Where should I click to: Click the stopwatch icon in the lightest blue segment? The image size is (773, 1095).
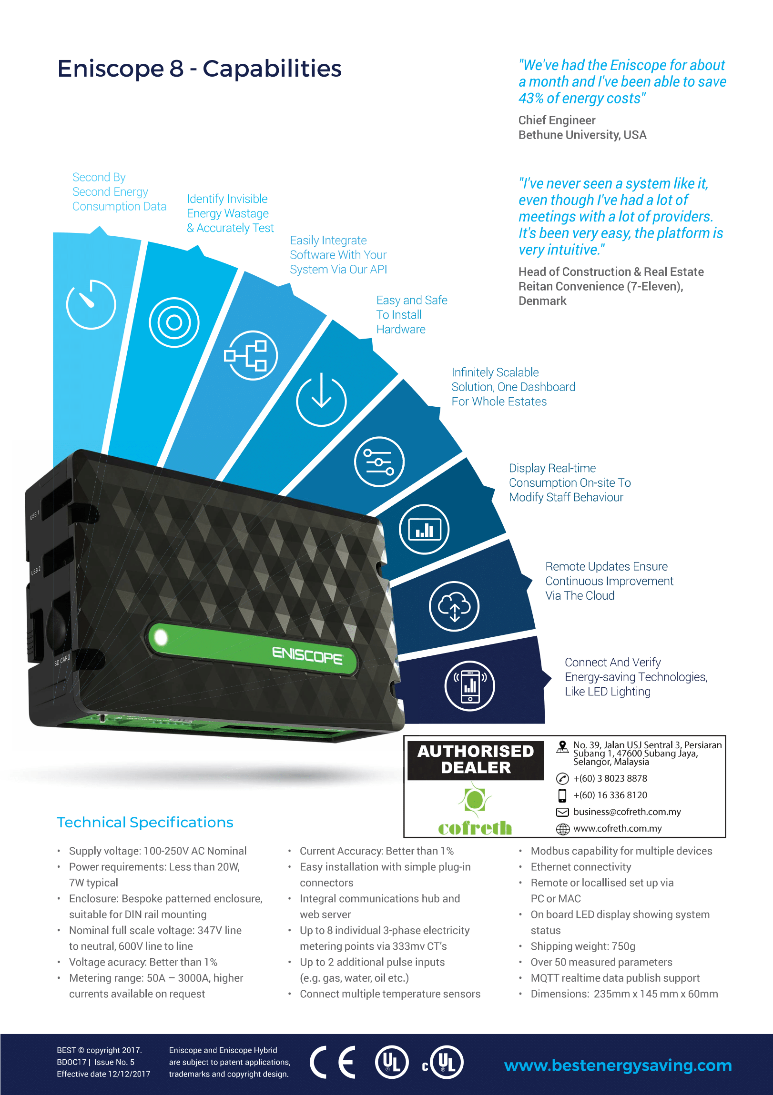click(91, 304)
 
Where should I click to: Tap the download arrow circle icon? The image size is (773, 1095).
click(321, 400)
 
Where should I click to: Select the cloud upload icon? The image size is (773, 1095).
click(454, 606)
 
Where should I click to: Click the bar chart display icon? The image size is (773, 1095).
click(424, 529)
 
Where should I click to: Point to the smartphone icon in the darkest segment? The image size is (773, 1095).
click(470, 686)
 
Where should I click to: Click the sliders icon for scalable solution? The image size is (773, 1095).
click(379, 462)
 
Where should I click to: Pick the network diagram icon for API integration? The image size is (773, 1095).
click(251, 355)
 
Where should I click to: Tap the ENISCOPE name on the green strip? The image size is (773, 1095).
click(307, 655)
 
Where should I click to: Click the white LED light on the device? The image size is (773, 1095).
click(161, 637)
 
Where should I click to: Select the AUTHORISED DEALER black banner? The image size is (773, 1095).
click(475, 759)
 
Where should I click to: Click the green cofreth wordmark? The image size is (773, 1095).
click(475, 828)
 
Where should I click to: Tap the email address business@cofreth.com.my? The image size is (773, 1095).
click(627, 812)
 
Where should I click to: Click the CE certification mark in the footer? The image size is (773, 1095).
click(333, 1062)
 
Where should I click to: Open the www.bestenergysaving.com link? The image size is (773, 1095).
click(618, 1065)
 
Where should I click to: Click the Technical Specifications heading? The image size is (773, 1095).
click(145, 822)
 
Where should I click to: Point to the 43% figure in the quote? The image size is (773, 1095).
click(530, 98)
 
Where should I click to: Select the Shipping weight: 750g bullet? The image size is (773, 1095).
click(583, 946)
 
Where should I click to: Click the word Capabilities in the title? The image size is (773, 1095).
click(272, 69)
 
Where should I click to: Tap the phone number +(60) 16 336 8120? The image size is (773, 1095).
click(610, 795)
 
